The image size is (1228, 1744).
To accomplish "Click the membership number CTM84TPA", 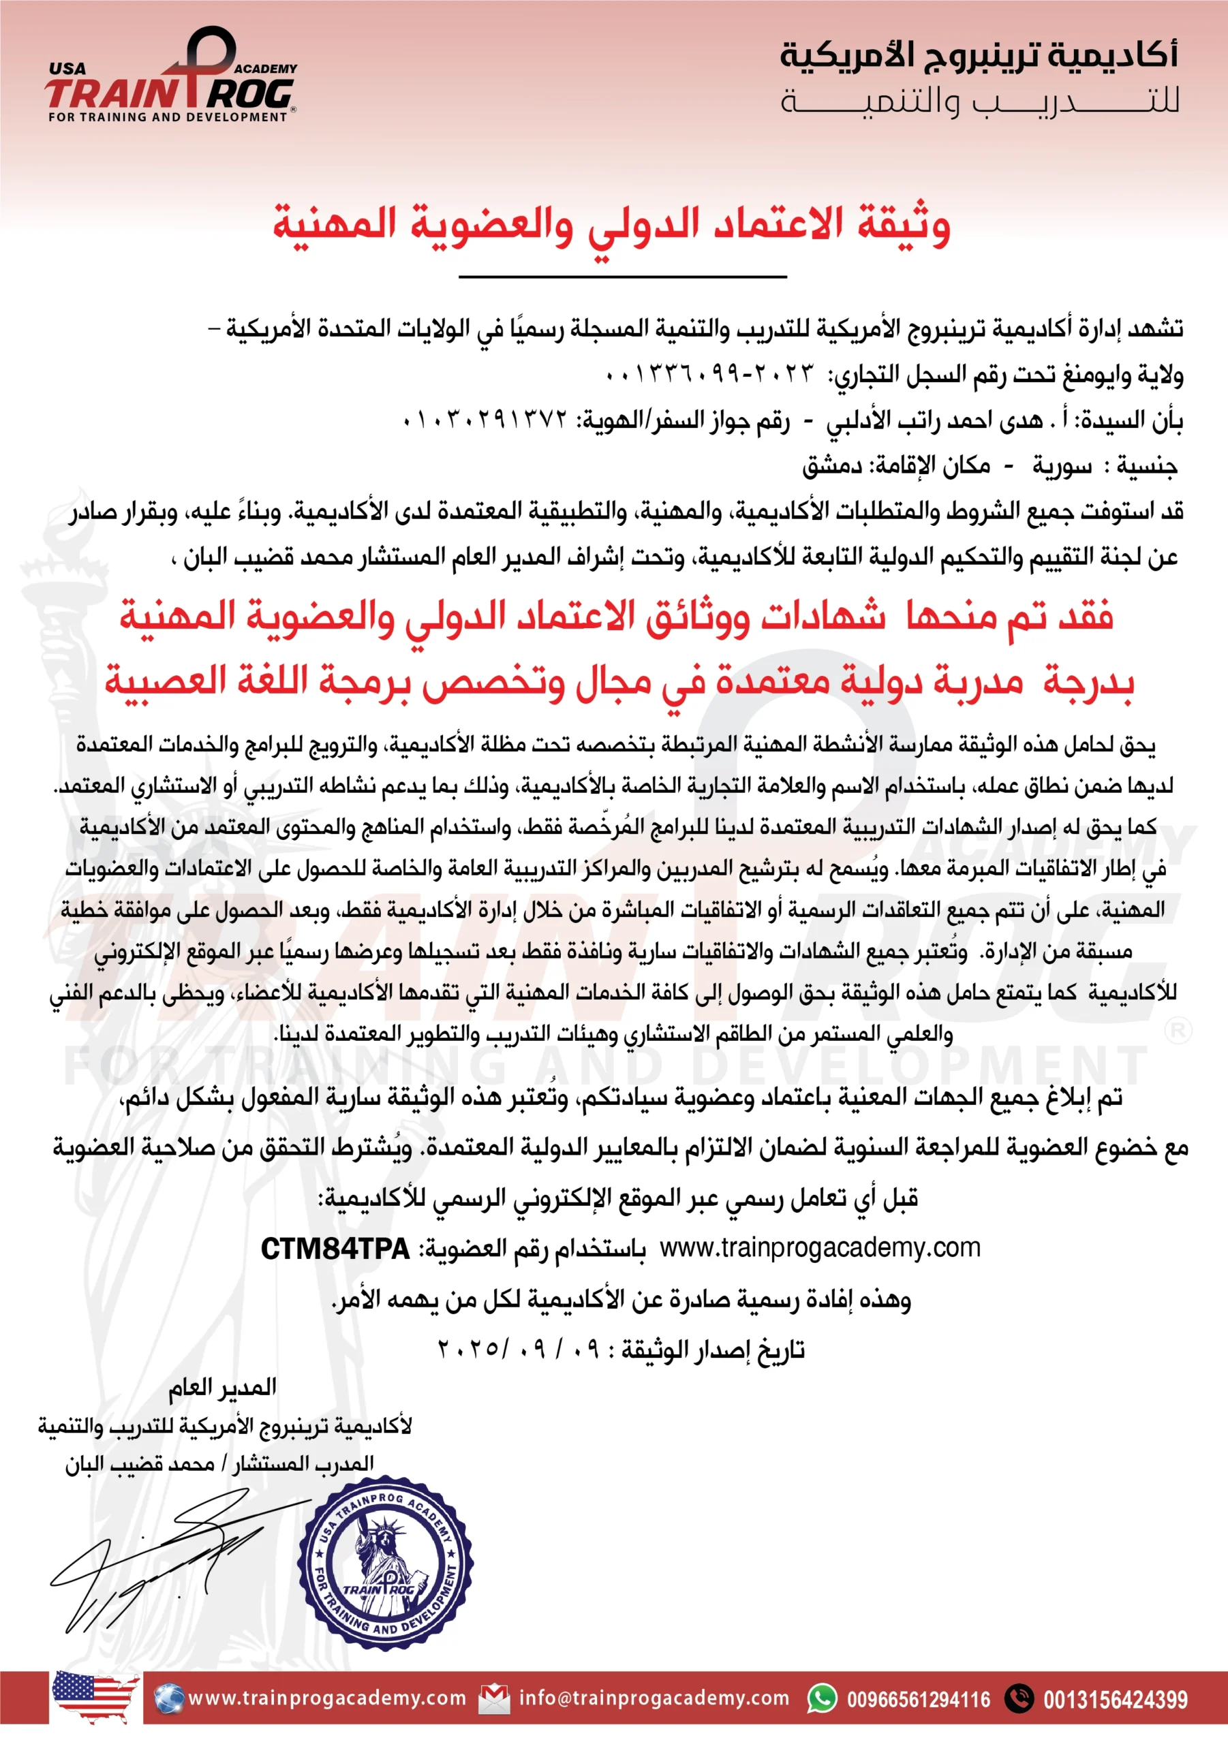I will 335,1249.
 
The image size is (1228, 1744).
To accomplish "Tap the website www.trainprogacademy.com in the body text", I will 820,1248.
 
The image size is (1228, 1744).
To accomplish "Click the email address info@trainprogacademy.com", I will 654,1698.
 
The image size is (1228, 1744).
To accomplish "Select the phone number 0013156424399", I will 1115,1700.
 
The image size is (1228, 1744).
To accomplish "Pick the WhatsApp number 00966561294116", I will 919,1700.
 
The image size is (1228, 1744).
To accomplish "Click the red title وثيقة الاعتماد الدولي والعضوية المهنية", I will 612,225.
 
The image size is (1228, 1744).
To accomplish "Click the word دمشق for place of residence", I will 832,465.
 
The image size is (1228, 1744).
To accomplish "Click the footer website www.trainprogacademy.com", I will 326,1698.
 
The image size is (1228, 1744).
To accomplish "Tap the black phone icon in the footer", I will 1019,1698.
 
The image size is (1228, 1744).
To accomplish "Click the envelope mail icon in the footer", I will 494,1699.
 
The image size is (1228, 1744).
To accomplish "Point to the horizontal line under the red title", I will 622,277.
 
